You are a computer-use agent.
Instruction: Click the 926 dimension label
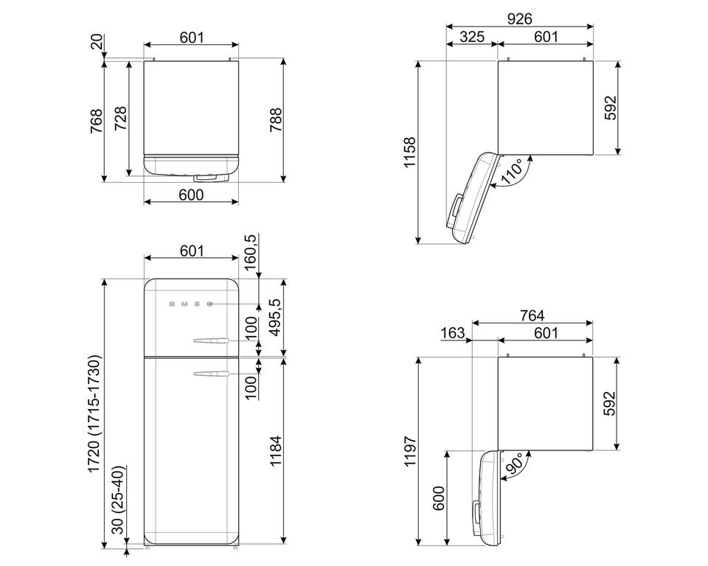tap(519, 18)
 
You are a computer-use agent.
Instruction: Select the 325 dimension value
tap(472, 37)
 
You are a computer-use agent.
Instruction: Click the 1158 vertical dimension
tap(409, 153)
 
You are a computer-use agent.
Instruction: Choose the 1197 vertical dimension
tap(409, 451)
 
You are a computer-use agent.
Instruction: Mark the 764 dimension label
tap(532, 315)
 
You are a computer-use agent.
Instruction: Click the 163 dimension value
tap(452, 332)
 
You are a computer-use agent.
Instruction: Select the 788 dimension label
tap(276, 119)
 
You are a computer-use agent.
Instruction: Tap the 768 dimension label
tap(97, 121)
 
